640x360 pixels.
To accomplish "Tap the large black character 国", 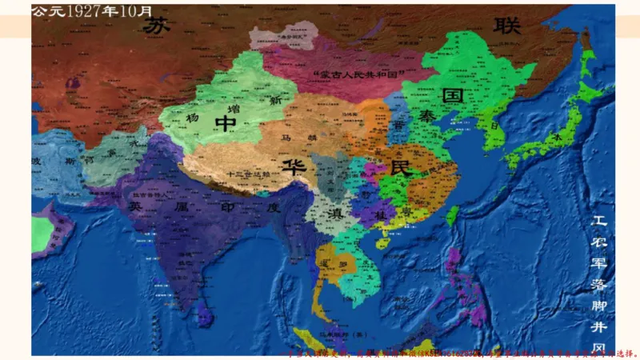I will click(454, 97).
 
